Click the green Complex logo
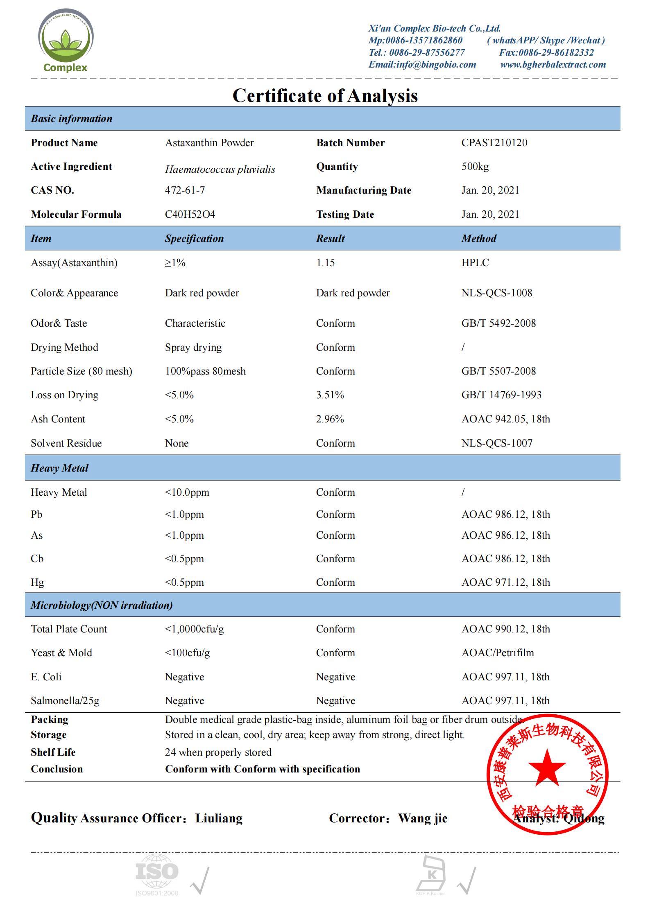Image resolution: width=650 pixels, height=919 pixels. (x=66, y=41)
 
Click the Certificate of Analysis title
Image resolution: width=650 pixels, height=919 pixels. (x=325, y=96)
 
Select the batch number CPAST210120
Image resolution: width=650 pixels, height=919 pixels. (x=494, y=143)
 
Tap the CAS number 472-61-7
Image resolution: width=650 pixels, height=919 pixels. (x=185, y=190)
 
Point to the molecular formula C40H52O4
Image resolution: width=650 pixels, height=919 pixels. (x=190, y=215)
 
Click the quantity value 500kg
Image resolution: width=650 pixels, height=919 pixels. (x=475, y=167)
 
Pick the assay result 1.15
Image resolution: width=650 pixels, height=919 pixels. (x=325, y=263)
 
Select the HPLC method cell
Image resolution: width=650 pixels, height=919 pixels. (x=475, y=263)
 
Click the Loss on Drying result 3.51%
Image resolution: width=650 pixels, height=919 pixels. (x=330, y=395)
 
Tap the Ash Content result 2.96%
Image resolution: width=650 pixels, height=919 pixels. (x=330, y=419)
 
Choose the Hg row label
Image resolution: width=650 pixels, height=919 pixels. (x=37, y=583)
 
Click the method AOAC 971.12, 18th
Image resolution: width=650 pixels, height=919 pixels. (x=505, y=583)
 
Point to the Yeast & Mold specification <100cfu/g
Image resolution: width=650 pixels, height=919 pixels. (x=187, y=653)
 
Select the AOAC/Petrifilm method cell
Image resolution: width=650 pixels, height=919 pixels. (x=498, y=653)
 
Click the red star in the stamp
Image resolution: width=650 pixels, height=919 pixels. (x=547, y=768)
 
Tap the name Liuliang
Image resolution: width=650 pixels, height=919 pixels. (x=219, y=818)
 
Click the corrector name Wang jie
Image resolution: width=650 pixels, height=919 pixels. (x=423, y=818)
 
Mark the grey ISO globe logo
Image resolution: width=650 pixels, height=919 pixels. (x=157, y=872)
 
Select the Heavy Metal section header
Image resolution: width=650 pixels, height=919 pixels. (x=60, y=468)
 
